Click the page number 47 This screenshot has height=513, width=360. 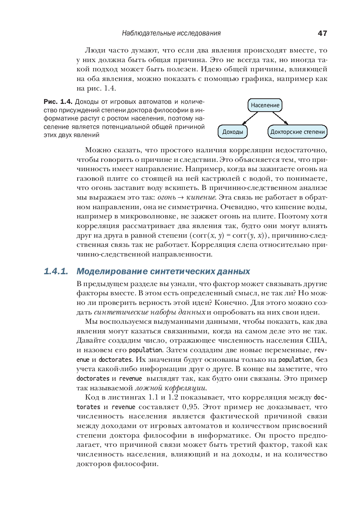pyautogui.click(x=322, y=33)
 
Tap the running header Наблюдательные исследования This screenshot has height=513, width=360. pyautogui.click(x=171, y=33)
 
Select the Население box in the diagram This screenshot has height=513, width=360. pyautogui.click(x=265, y=105)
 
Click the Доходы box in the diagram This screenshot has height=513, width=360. pyautogui.click(x=232, y=132)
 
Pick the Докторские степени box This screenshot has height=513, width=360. pyautogui.click(x=298, y=132)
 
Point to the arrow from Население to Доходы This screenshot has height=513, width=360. pyautogui.click(x=249, y=118)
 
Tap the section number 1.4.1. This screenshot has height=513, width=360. pyautogui.click(x=56, y=271)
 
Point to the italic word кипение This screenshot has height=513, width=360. pyautogui.click(x=201, y=197)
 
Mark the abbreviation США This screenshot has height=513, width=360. pyautogui.click(x=317, y=340)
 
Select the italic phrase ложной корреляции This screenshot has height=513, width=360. pyautogui.click(x=171, y=388)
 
